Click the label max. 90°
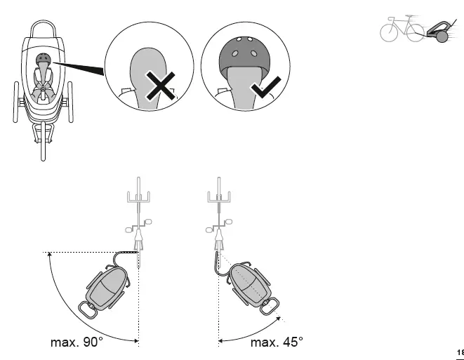click(77, 342)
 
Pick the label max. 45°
click(277, 342)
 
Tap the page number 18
click(460, 352)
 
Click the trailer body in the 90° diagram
click(105, 286)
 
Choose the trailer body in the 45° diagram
click(250, 280)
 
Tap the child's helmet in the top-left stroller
click(43, 60)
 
